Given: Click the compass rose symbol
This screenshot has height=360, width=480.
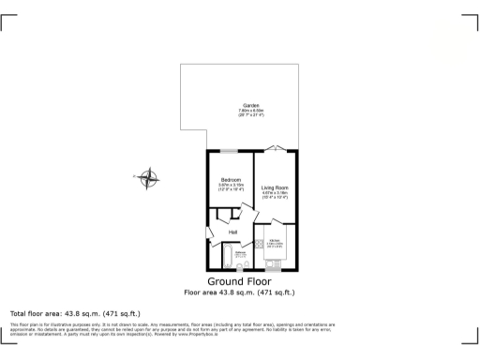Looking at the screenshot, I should [147, 175].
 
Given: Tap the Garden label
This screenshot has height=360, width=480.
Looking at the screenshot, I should [251, 105].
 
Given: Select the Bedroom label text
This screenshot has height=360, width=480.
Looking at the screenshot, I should [231, 179].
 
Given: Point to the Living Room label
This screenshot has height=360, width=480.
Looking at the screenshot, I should [275, 187].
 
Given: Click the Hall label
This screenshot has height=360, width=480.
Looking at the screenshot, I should [232, 232].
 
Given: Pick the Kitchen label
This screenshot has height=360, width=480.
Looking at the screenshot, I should [276, 242].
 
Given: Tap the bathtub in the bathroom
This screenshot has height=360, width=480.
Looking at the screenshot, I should [229, 256].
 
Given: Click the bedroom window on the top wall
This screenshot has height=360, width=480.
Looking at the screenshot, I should [230, 150].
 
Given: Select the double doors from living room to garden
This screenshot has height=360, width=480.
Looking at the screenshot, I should [275, 149].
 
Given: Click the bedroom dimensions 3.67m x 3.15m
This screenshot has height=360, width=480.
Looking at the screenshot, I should [231, 187].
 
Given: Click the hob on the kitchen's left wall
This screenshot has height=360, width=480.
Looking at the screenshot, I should [259, 243].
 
